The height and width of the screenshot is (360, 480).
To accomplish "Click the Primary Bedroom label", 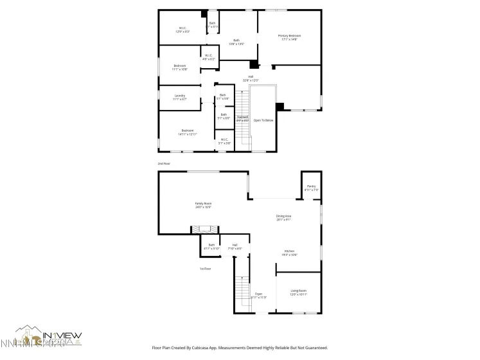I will pos(289,37).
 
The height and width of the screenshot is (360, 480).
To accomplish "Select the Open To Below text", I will pos(263,120).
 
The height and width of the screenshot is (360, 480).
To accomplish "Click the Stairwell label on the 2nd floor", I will pos(242,118).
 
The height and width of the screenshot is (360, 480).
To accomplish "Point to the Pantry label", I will pos(311,188).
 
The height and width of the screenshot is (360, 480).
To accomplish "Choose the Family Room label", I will pos(203,205).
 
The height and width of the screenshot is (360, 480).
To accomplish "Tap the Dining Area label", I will pos(283,217).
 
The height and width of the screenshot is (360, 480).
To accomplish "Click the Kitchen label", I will pos(289,253).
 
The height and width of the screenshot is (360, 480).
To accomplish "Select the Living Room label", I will pos(298,292).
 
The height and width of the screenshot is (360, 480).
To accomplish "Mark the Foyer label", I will pos(258,295).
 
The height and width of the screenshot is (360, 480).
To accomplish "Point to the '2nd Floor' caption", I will pos(164,164).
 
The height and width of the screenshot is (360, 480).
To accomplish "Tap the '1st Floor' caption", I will pos(205,269).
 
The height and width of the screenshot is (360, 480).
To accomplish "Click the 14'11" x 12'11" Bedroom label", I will pos(188,132).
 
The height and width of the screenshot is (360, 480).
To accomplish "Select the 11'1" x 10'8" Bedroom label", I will pos(180,67).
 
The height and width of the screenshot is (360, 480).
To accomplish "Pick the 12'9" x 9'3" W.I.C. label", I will pos(182,30).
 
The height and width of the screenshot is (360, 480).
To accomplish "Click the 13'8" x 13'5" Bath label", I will pos(236,42).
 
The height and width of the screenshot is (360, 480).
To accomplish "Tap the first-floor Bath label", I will pos(211,246).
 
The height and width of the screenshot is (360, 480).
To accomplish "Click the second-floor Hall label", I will pos(251,78).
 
